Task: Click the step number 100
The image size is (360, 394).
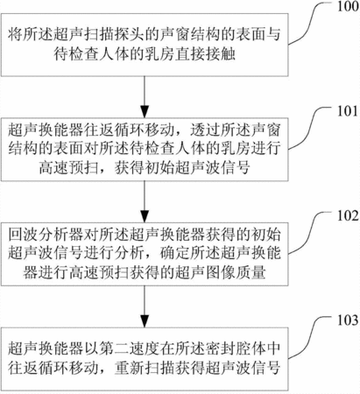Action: pos(348,7)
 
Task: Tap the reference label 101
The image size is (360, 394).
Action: pos(348,111)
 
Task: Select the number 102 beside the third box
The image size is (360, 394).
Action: pos(348,216)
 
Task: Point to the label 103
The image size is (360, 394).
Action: pos(348,320)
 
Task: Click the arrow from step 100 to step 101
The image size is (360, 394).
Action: pos(145,97)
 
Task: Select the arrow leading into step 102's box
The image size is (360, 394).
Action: pos(145,201)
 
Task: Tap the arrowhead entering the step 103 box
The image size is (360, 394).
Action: pos(145,320)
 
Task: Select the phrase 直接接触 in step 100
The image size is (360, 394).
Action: pos(205,54)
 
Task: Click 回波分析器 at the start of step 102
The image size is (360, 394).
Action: pos(46,235)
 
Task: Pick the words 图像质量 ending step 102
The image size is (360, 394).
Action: pos(236,272)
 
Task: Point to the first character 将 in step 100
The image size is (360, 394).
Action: pos(16,35)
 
